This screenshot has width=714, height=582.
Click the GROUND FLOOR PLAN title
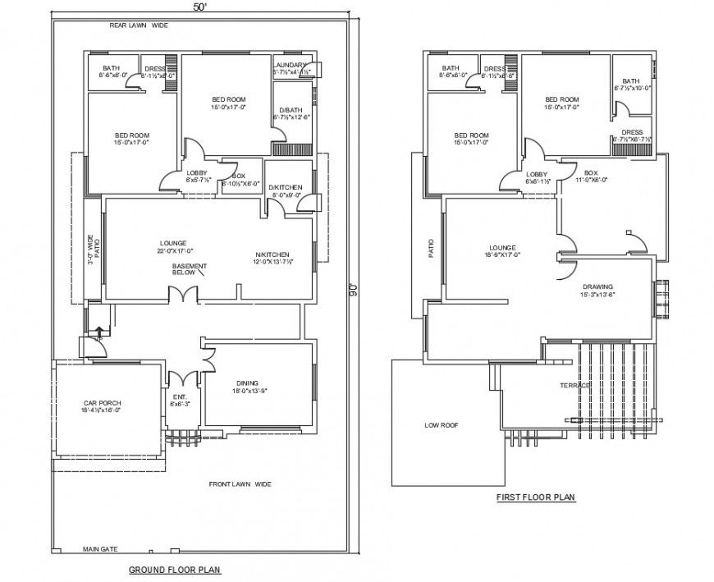(x=175, y=569)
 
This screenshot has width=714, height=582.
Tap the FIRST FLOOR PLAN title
(x=536, y=497)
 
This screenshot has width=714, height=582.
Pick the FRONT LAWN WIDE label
(x=240, y=484)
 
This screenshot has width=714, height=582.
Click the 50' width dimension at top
(x=199, y=7)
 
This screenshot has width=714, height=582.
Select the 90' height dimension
(x=353, y=289)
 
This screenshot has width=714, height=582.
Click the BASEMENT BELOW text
(x=189, y=269)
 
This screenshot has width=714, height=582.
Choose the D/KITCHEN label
(x=285, y=188)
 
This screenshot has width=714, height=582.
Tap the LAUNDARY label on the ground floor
(x=291, y=65)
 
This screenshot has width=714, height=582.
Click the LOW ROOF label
(x=441, y=425)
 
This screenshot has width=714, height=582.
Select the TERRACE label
(x=575, y=385)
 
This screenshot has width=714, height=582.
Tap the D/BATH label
(x=289, y=110)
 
